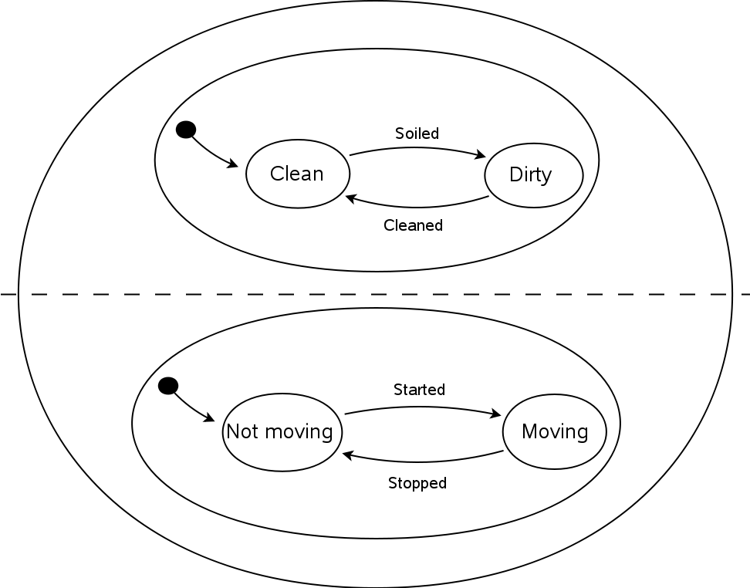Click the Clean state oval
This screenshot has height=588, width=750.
pyautogui.click(x=298, y=174)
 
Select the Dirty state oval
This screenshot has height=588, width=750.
pyautogui.click(x=534, y=175)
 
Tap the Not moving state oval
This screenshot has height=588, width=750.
pyautogui.click(x=282, y=432)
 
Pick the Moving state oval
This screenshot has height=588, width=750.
pyautogui.click(x=554, y=431)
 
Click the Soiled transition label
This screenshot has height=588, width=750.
pyautogui.click(x=417, y=133)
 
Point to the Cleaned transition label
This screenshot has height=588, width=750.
pyautogui.click(x=414, y=225)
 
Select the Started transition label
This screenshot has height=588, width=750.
pyautogui.click(x=420, y=390)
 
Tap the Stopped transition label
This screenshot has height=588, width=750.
pyautogui.click(x=417, y=483)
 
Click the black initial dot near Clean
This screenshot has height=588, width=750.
pyautogui.click(x=186, y=130)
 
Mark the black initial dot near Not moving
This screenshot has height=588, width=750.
pyautogui.click(x=168, y=386)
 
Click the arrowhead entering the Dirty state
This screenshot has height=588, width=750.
pyautogui.click(x=481, y=155)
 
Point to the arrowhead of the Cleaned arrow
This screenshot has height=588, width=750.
pyautogui.click(x=350, y=198)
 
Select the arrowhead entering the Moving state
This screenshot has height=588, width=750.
pyautogui.click(x=496, y=414)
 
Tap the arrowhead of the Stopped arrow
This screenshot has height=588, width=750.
pyautogui.click(x=348, y=455)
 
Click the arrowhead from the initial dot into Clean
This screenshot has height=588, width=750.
pyautogui.click(x=233, y=164)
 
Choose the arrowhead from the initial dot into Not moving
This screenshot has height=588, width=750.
pyautogui.click(x=210, y=418)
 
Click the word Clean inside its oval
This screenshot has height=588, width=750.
pyautogui.click(x=296, y=174)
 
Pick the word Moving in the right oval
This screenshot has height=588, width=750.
pyautogui.click(x=555, y=432)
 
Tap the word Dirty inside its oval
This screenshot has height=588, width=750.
pyautogui.click(x=530, y=175)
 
